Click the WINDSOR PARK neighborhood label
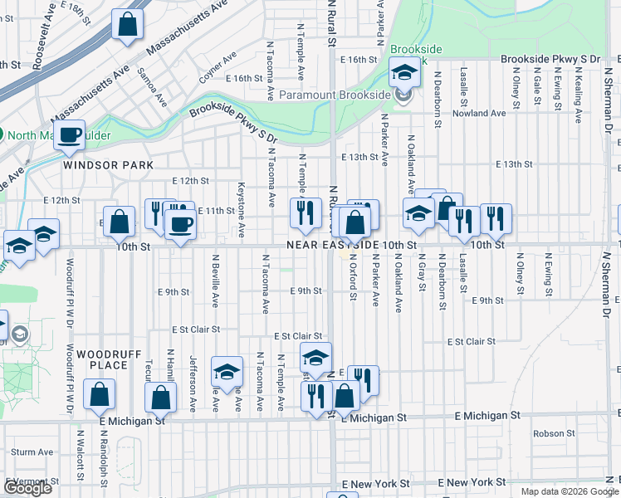(108, 165)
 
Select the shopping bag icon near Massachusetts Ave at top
(128, 25)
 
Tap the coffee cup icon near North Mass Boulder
(70, 135)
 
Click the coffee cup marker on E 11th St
(180, 222)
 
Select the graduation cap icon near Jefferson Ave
(226, 373)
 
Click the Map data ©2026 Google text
(569, 491)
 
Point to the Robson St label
(548, 433)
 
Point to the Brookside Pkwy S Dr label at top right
(550, 60)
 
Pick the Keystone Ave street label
(242, 207)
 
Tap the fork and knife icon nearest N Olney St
(496, 218)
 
